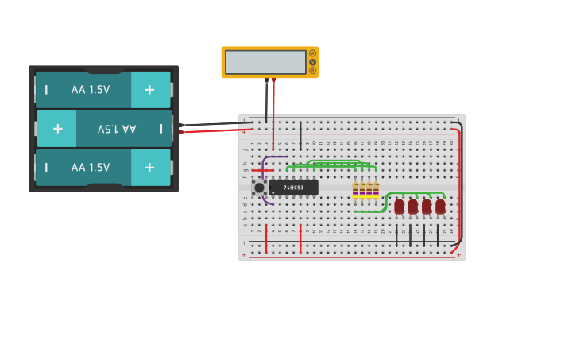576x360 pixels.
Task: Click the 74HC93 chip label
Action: point(293,188)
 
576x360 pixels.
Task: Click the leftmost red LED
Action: point(399,206)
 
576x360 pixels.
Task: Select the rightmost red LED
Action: point(440,206)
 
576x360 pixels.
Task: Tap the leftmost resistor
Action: point(356,190)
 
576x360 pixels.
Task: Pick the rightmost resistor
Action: point(376,190)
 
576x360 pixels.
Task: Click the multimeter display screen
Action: point(265,62)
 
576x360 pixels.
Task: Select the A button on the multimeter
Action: point(313,53)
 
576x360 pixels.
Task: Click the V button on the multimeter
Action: point(313,62)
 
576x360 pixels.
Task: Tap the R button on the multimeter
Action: point(313,71)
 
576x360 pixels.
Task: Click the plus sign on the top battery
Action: point(149,90)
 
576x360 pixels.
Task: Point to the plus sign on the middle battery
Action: point(57,128)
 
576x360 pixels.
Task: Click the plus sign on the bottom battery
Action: point(149,167)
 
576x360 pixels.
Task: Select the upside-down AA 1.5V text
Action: point(117,128)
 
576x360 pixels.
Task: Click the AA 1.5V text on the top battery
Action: point(91,90)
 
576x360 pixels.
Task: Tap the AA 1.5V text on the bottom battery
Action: point(91,167)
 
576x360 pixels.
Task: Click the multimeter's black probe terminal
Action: point(266,80)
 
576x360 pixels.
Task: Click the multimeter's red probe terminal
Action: point(273,80)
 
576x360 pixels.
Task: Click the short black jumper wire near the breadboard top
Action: point(300,135)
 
